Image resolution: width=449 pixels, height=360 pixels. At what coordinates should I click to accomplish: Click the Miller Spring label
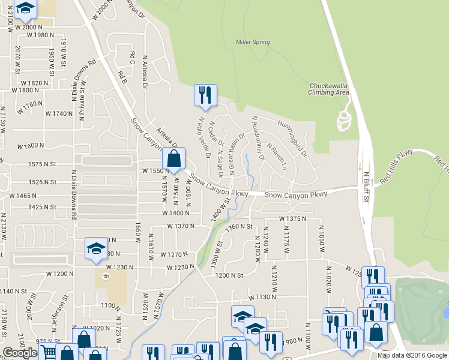252,42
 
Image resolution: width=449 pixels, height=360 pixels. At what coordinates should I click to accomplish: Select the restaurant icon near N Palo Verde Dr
205,95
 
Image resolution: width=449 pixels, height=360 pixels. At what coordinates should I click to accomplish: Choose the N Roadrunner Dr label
258,138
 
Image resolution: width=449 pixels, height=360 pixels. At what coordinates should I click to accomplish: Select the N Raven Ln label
277,156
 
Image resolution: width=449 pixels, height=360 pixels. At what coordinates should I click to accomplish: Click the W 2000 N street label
30,27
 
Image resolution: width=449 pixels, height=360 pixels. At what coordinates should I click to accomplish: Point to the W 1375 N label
297,219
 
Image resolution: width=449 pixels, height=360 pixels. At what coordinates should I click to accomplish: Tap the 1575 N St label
41,164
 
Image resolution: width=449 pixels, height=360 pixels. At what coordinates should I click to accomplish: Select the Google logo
20,353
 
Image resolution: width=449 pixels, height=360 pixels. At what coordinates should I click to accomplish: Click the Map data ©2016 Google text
412,355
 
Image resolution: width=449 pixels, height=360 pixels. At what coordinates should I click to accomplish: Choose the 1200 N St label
231,275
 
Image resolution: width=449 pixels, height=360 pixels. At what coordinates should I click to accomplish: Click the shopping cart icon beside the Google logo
47,352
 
